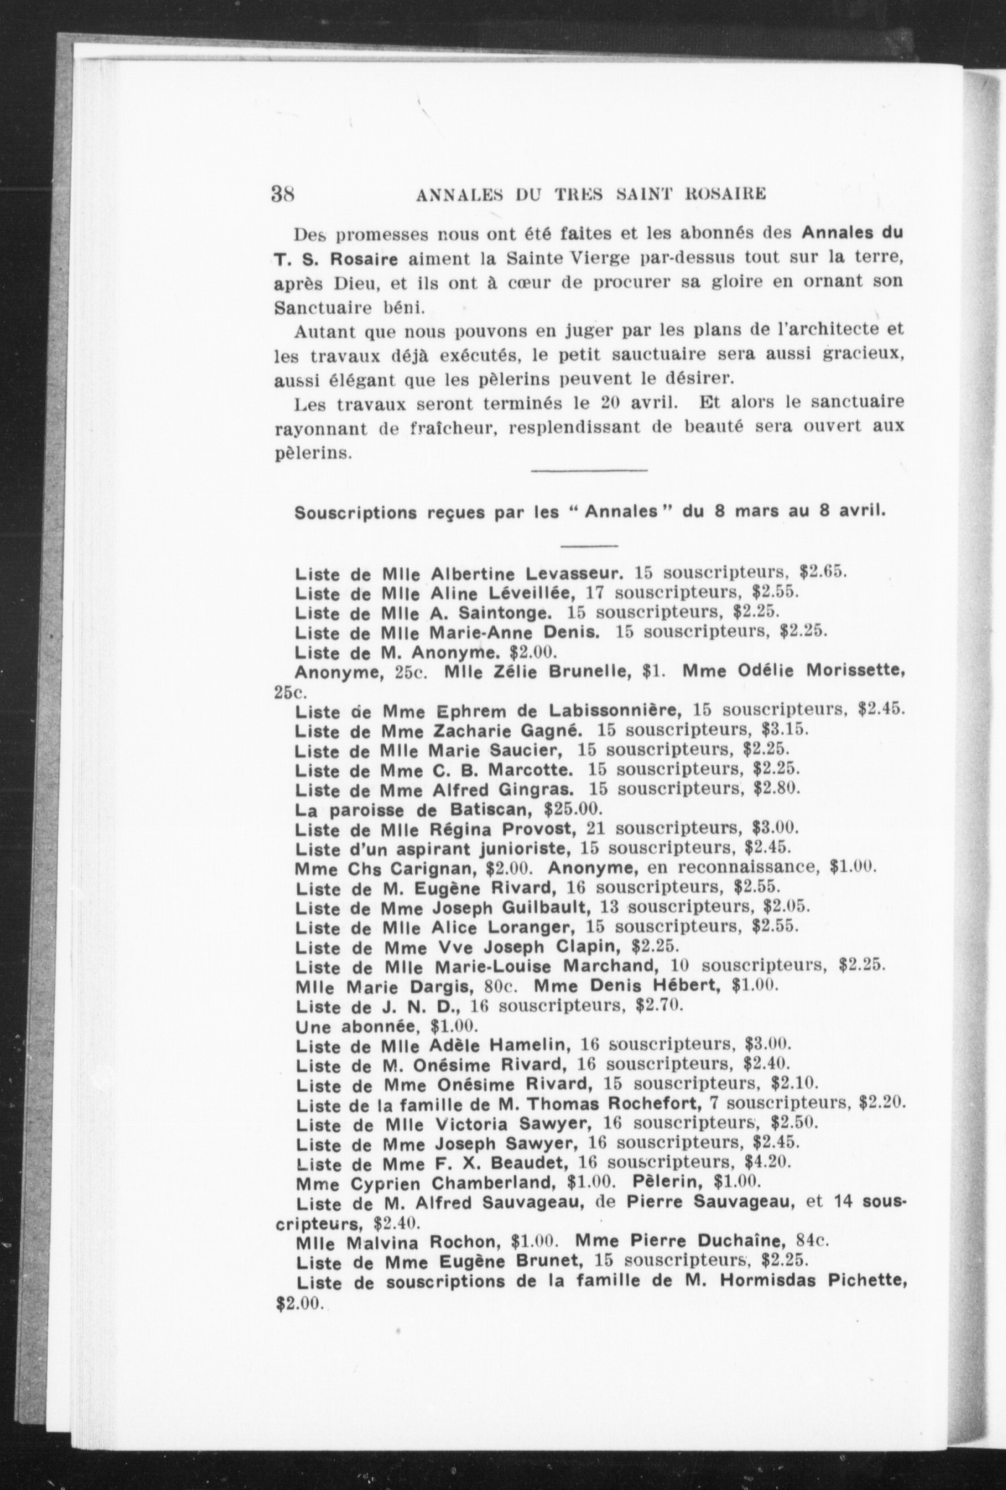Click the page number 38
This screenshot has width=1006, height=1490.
pos(283,194)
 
